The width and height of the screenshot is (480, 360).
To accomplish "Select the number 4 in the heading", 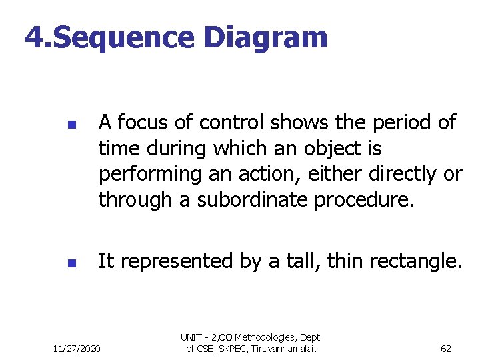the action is [34, 38].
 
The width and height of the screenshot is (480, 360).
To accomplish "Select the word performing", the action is [141, 174].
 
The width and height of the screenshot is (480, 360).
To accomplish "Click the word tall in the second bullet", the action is [297, 262].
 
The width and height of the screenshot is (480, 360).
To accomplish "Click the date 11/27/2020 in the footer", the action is [77, 349].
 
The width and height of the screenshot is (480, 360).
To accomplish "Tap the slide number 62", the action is [446, 349].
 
